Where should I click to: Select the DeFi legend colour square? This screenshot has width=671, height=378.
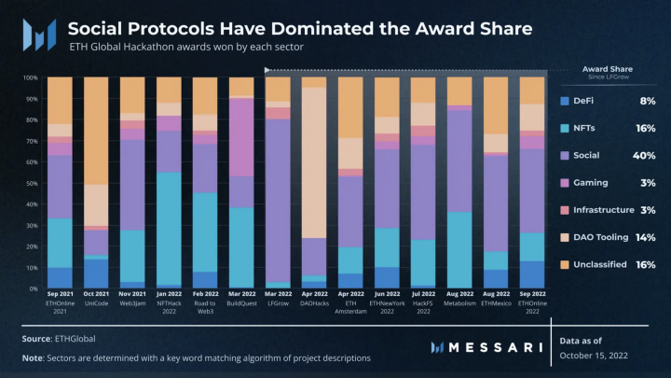point(565,101)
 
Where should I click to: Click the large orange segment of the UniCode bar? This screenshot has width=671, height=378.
point(96,130)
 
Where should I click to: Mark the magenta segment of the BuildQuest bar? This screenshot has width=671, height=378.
point(241,136)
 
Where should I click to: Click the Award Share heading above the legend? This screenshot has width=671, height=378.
point(608,68)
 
